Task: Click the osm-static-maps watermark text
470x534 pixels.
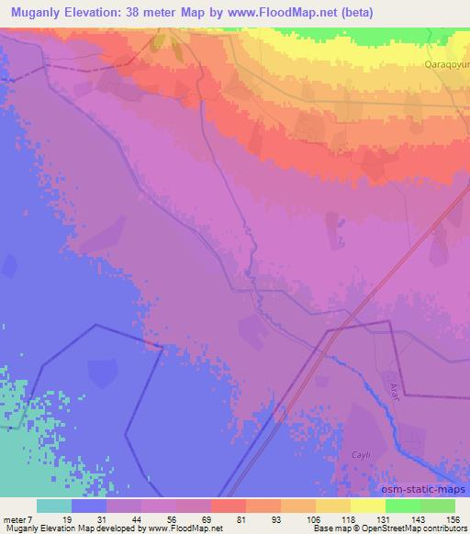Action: (423, 488)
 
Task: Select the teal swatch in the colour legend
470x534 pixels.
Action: (53, 506)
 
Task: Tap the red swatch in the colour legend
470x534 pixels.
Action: (228, 506)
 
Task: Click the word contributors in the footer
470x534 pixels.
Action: (439, 529)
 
